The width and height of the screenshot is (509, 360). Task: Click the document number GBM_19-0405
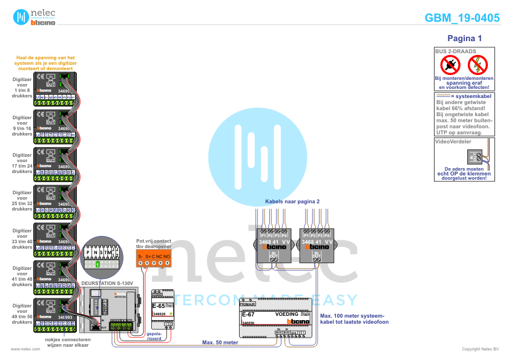pyautogui.click(x=462, y=18)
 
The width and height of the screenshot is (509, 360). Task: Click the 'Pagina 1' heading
pyautogui.click(x=464, y=38)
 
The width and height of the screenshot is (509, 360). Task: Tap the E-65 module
pyautogui.click(x=162, y=309)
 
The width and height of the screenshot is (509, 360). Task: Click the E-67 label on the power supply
pyautogui.click(x=248, y=315)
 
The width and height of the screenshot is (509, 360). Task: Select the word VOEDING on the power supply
pyautogui.click(x=287, y=315)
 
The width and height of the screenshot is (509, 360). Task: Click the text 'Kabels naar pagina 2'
pyautogui.click(x=292, y=201)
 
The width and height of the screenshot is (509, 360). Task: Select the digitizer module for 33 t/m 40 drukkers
pyautogui.click(x=54, y=239)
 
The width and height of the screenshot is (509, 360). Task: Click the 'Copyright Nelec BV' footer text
pyautogui.click(x=480, y=349)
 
